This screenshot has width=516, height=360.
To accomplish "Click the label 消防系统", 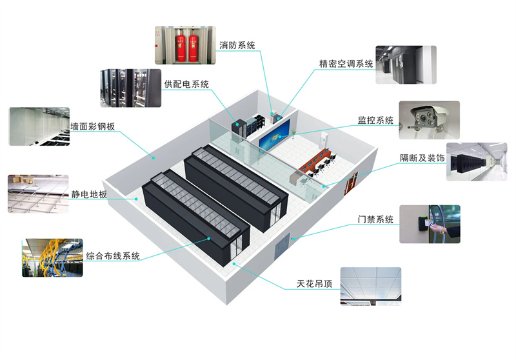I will [237, 45].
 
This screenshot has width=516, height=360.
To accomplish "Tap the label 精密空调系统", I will [346, 63].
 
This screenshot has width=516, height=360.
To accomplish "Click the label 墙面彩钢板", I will [92, 126].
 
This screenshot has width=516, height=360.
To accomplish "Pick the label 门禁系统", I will [375, 219].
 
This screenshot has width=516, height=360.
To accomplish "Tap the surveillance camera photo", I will [429, 120].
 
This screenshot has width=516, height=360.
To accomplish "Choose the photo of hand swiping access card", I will [430, 224].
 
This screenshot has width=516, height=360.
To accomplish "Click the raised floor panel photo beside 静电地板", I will [38, 193].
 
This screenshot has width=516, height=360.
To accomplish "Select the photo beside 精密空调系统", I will [406, 65].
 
